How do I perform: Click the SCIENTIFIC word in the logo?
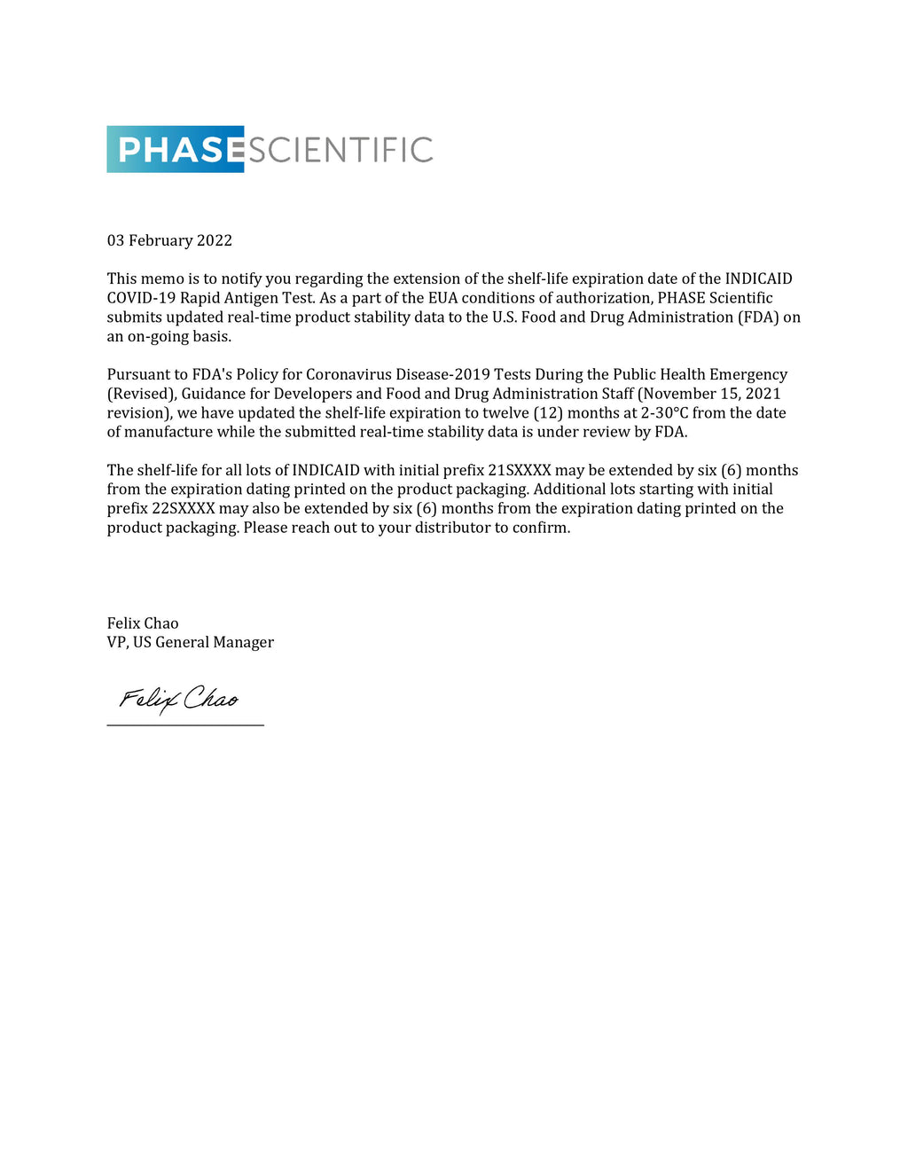pos(340,150)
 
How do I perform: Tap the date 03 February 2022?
pos(169,240)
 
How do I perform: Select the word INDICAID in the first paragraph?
pos(758,278)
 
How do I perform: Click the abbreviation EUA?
pos(442,298)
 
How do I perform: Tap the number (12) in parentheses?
pos(548,413)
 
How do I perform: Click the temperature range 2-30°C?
pos(664,413)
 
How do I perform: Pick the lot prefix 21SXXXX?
pos(520,470)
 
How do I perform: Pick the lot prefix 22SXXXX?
pos(184,509)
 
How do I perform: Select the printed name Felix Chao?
pos(143,623)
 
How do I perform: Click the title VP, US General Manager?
pos(191,642)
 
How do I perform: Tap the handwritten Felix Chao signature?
pos(179,699)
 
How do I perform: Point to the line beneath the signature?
pos(185,725)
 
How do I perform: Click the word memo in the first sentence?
pos(162,278)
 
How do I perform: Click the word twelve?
pos(505,413)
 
